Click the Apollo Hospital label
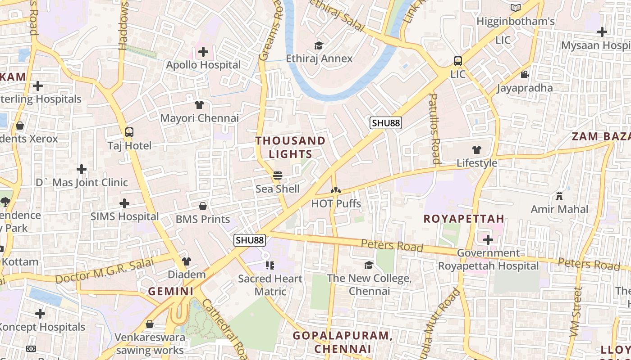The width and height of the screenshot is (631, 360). [203, 65]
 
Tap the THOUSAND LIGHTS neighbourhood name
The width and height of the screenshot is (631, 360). [290, 147]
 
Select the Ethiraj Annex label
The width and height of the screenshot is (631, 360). [319, 58]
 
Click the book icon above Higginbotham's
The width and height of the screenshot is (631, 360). [516, 8]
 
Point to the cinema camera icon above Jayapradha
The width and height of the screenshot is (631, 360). [525, 74]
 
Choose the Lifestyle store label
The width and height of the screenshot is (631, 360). [477, 163]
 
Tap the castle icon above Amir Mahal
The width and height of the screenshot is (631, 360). [559, 196]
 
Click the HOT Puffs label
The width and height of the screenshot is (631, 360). [336, 203]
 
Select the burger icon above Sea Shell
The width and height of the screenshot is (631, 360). [278, 175]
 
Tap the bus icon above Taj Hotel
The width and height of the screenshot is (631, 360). [129, 132]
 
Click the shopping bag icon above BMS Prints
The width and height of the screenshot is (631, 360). [203, 206]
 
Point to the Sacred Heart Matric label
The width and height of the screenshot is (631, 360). [270, 285]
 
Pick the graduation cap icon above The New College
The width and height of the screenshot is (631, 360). [369, 265]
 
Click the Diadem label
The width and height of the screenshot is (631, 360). [187, 274]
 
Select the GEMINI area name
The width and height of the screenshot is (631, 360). [171, 291]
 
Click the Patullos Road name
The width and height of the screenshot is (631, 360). [434, 128]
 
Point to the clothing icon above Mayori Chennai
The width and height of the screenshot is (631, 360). [199, 105]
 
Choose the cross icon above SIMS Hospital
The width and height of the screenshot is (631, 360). [124, 203]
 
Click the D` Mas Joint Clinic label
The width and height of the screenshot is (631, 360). [82, 183]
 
